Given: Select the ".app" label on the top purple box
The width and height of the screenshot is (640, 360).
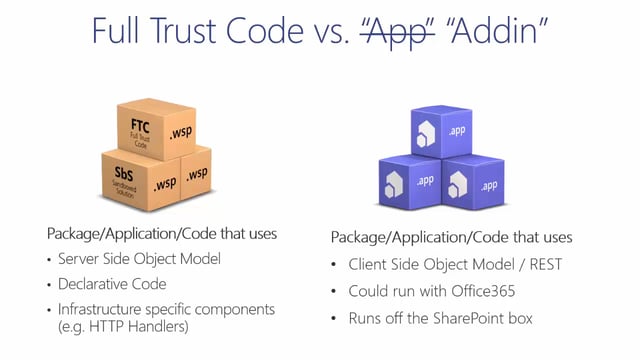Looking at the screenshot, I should tap(456, 131).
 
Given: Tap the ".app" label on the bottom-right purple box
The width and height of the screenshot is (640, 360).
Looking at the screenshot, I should tap(488, 186).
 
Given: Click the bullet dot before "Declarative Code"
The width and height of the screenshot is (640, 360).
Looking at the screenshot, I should tap(50, 285).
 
